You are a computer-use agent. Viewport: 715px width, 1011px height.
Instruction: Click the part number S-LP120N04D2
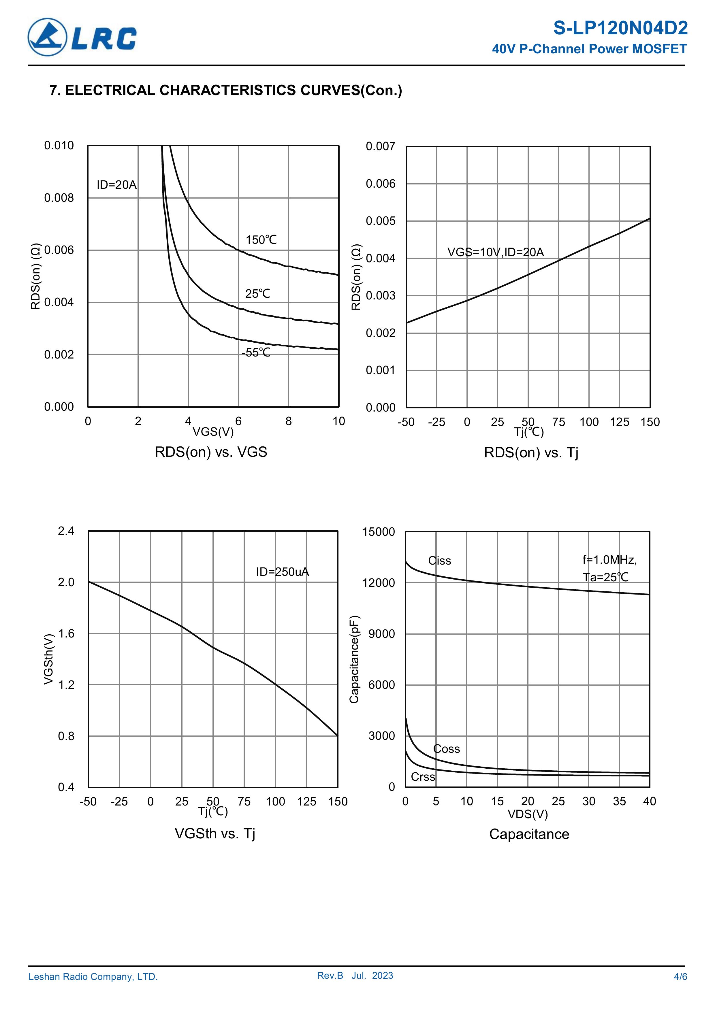(620, 28)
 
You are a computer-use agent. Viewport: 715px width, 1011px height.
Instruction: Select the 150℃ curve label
(261, 240)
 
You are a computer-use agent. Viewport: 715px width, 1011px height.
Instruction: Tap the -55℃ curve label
(256, 353)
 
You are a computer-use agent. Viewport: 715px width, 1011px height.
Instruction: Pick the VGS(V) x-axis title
(213, 431)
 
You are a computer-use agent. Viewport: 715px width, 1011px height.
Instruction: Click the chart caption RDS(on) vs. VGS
(211, 452)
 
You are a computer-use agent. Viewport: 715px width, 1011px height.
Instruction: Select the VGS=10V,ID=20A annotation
(496, 252)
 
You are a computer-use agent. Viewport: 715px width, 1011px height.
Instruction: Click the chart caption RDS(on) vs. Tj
(531, 453)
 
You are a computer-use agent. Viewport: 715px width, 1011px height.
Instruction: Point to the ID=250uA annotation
(282, 572)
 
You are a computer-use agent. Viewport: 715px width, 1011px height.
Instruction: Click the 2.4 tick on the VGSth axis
(66, 531)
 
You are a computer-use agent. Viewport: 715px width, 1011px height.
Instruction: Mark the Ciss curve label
(440, 561)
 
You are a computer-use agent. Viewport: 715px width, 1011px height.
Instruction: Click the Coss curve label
(446, 749)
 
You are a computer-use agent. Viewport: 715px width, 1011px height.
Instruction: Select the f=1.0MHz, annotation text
(609, 560)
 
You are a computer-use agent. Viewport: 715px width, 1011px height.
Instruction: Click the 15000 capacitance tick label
(379, 532)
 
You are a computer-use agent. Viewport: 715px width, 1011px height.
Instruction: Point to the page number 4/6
(680, 977)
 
